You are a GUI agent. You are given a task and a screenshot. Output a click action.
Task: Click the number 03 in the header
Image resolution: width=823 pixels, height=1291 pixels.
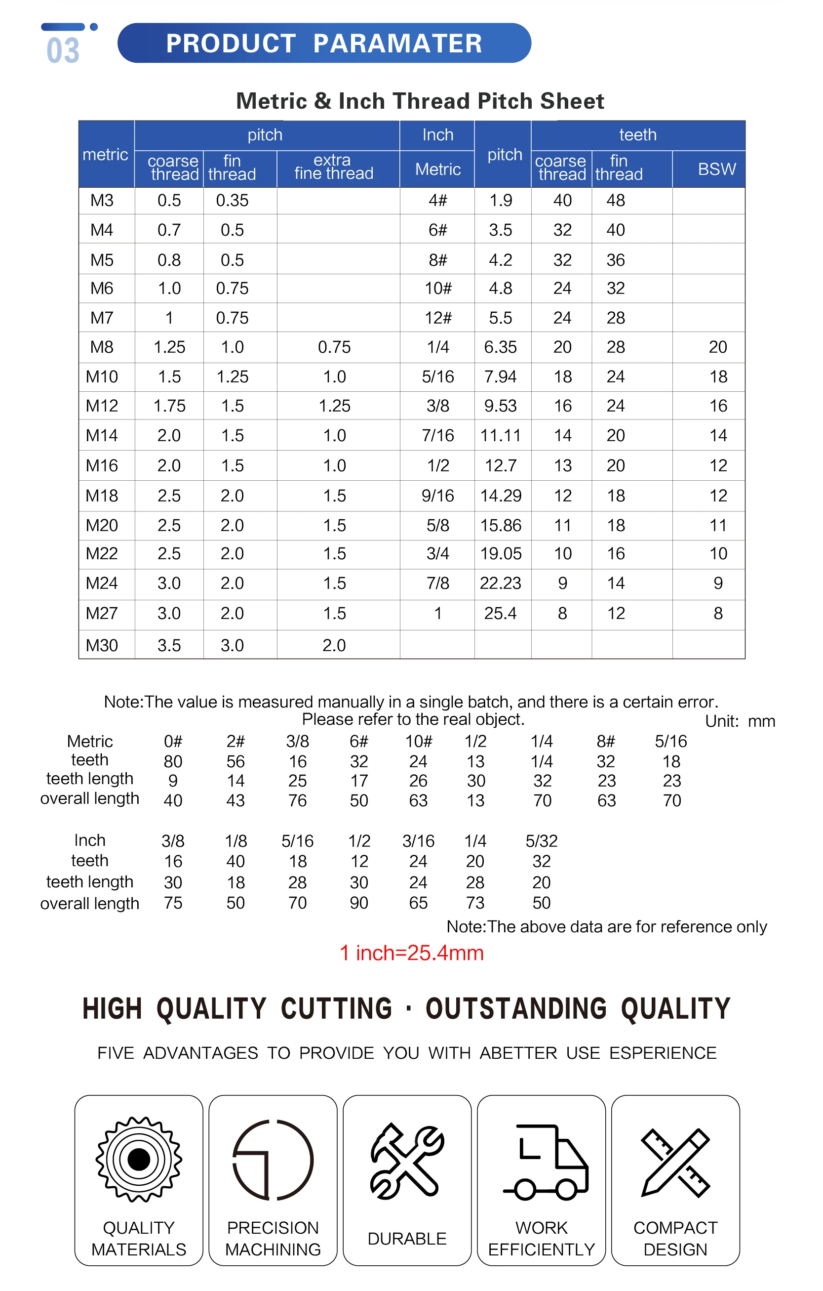[63, 50]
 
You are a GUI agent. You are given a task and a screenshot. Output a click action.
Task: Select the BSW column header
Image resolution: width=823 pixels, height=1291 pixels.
[717, 169]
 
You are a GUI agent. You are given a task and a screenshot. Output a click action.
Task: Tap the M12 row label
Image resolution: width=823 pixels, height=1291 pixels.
[102, 406]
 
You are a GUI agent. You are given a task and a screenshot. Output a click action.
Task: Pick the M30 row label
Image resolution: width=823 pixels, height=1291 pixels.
[102, 645]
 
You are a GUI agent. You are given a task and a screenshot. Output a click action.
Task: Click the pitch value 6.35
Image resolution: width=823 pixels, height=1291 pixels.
[501, 347]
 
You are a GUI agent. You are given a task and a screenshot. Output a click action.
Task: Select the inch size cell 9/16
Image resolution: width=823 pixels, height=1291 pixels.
[437, 496]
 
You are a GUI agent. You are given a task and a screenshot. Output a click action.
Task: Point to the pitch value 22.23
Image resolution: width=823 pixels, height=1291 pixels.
[501, 583]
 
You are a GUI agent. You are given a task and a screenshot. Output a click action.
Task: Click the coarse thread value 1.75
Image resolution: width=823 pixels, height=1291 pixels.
[169, 406]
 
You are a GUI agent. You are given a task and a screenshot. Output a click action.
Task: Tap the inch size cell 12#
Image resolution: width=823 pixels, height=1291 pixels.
[437, 317]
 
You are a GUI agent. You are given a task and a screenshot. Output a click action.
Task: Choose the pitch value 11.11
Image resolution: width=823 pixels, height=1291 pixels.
[501, 435]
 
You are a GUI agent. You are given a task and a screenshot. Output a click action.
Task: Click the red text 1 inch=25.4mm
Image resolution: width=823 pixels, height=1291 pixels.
[412, 953]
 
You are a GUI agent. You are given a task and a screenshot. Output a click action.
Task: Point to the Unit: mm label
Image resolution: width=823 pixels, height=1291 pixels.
[740, 721]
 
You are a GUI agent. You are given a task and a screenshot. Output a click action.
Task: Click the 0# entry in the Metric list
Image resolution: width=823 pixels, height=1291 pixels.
[173, 742]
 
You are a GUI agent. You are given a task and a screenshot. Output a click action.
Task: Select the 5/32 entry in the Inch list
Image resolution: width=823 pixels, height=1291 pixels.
[541, 840]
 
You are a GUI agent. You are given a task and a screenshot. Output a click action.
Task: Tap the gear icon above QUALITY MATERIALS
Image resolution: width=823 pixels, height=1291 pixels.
[139, 1160]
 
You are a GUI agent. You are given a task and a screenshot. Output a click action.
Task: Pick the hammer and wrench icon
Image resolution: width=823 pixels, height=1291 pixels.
[407, 1161]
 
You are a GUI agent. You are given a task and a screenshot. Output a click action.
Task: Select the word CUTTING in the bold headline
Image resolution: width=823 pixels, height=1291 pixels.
[337, 1008]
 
